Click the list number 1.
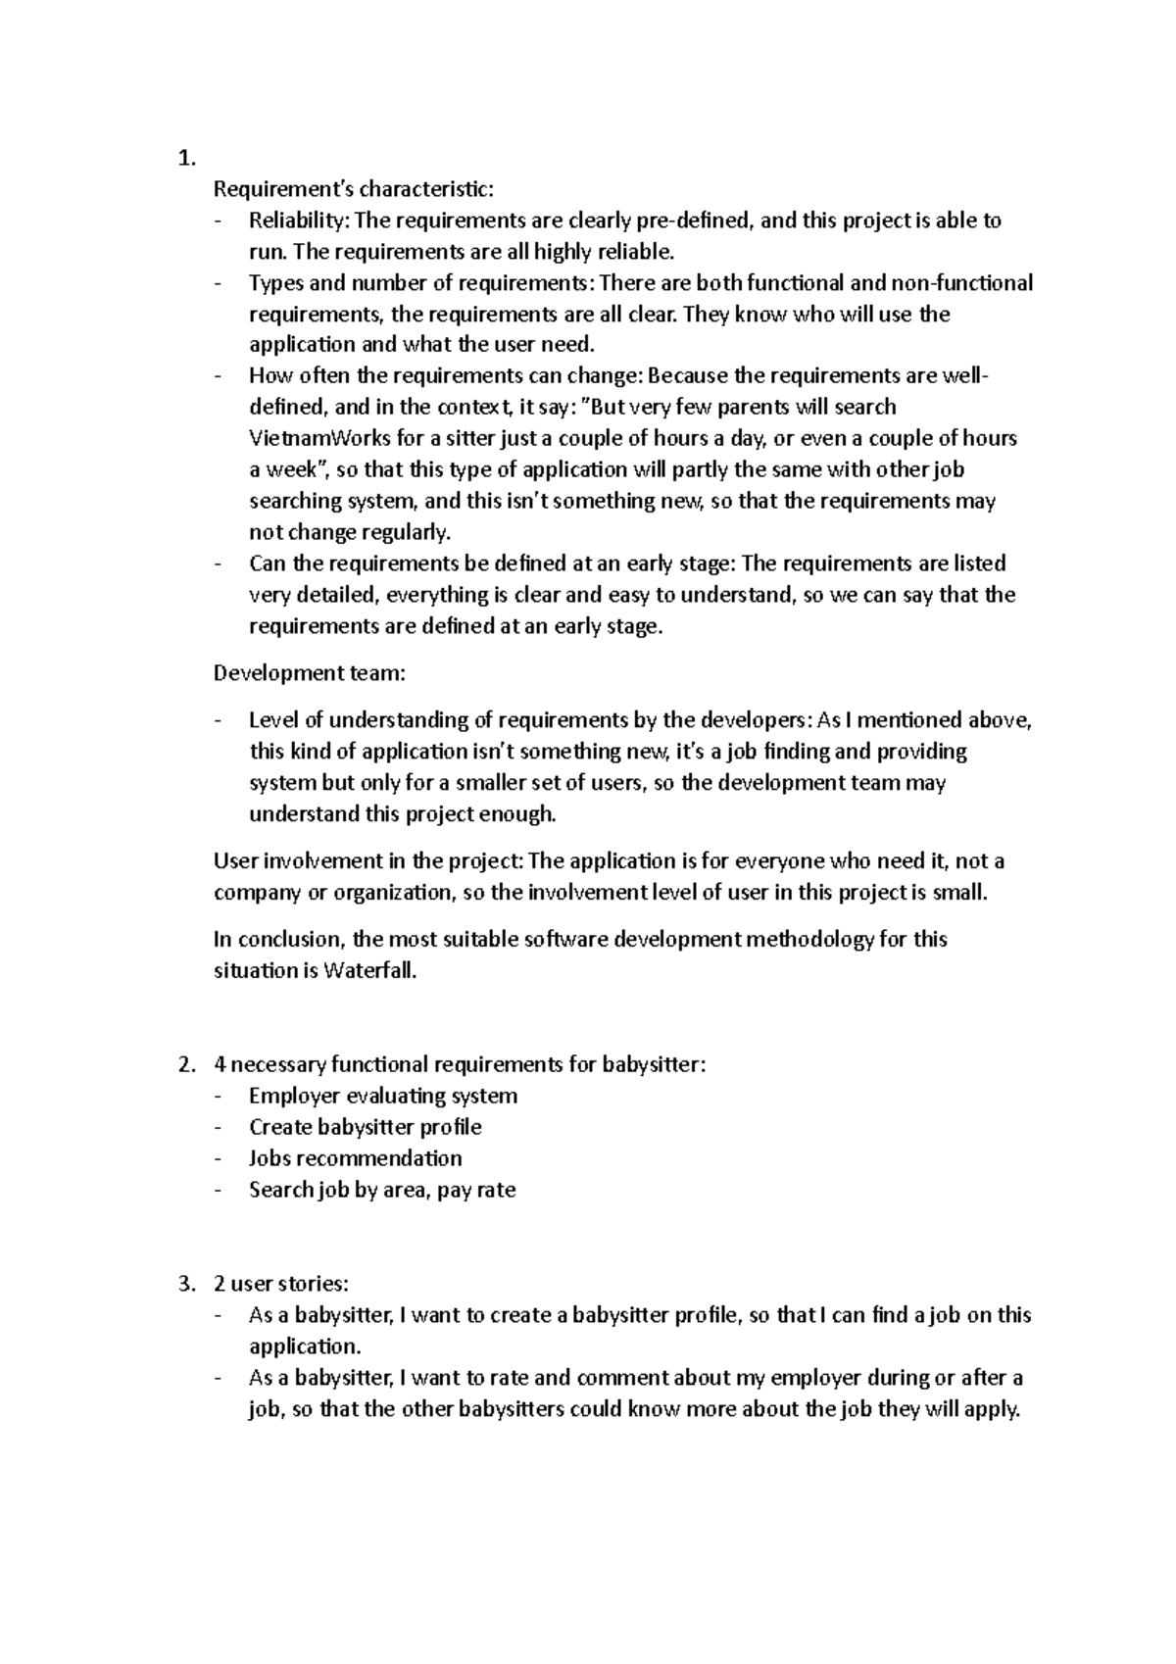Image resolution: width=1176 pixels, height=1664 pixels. [x=186, y=159]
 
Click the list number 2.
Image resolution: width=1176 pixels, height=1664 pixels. [x=186, y=1064]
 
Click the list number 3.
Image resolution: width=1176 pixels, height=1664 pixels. [x=186, y=1284]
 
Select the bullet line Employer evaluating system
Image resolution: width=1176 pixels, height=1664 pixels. [x=383, y=1096]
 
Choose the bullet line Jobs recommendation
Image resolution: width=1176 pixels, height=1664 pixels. [x=356, y=1158]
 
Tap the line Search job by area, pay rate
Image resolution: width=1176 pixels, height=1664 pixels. [x=382, y=1190]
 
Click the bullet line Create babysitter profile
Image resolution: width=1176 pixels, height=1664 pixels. [x=366, y=1127]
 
